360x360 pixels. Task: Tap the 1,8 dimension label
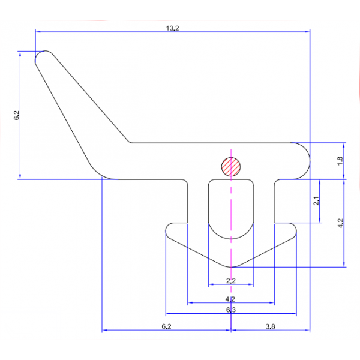[340, 160]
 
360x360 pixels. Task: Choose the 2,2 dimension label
[230, 281]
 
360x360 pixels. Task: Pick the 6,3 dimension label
[230, 310]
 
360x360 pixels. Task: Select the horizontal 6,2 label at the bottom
[167, 326]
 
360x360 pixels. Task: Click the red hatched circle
[231, 166]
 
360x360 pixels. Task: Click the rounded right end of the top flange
[305, 160]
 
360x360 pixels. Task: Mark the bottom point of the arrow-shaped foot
[231, 266]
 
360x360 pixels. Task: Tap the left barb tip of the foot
[167, 233]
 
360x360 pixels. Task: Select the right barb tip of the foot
[295, 233]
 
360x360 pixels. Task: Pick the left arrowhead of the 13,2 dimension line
[38, 32]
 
